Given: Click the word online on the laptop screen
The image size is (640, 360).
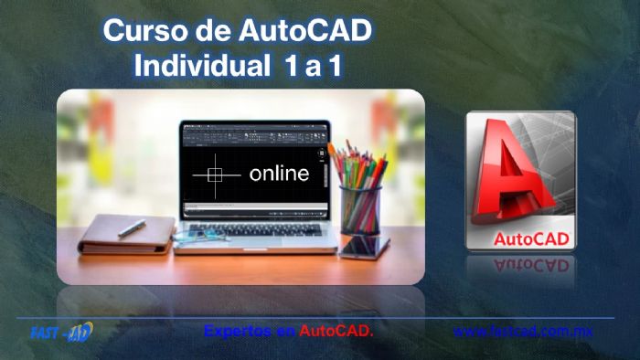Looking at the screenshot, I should pyautogui.click(x=278, y=173).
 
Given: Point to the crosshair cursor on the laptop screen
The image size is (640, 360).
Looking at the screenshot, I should pyautogui.click(x=217, y=173).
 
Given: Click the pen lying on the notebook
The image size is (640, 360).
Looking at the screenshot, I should pyautogui.click(x=132, y=227).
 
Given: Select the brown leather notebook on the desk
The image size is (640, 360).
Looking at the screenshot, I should pyautogui.click(x=124, y=235).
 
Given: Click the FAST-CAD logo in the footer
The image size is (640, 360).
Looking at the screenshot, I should pyautogui.click(x=60, y=332).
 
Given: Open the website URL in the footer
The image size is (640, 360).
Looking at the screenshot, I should pyautogui.click(x=522, y=331).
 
